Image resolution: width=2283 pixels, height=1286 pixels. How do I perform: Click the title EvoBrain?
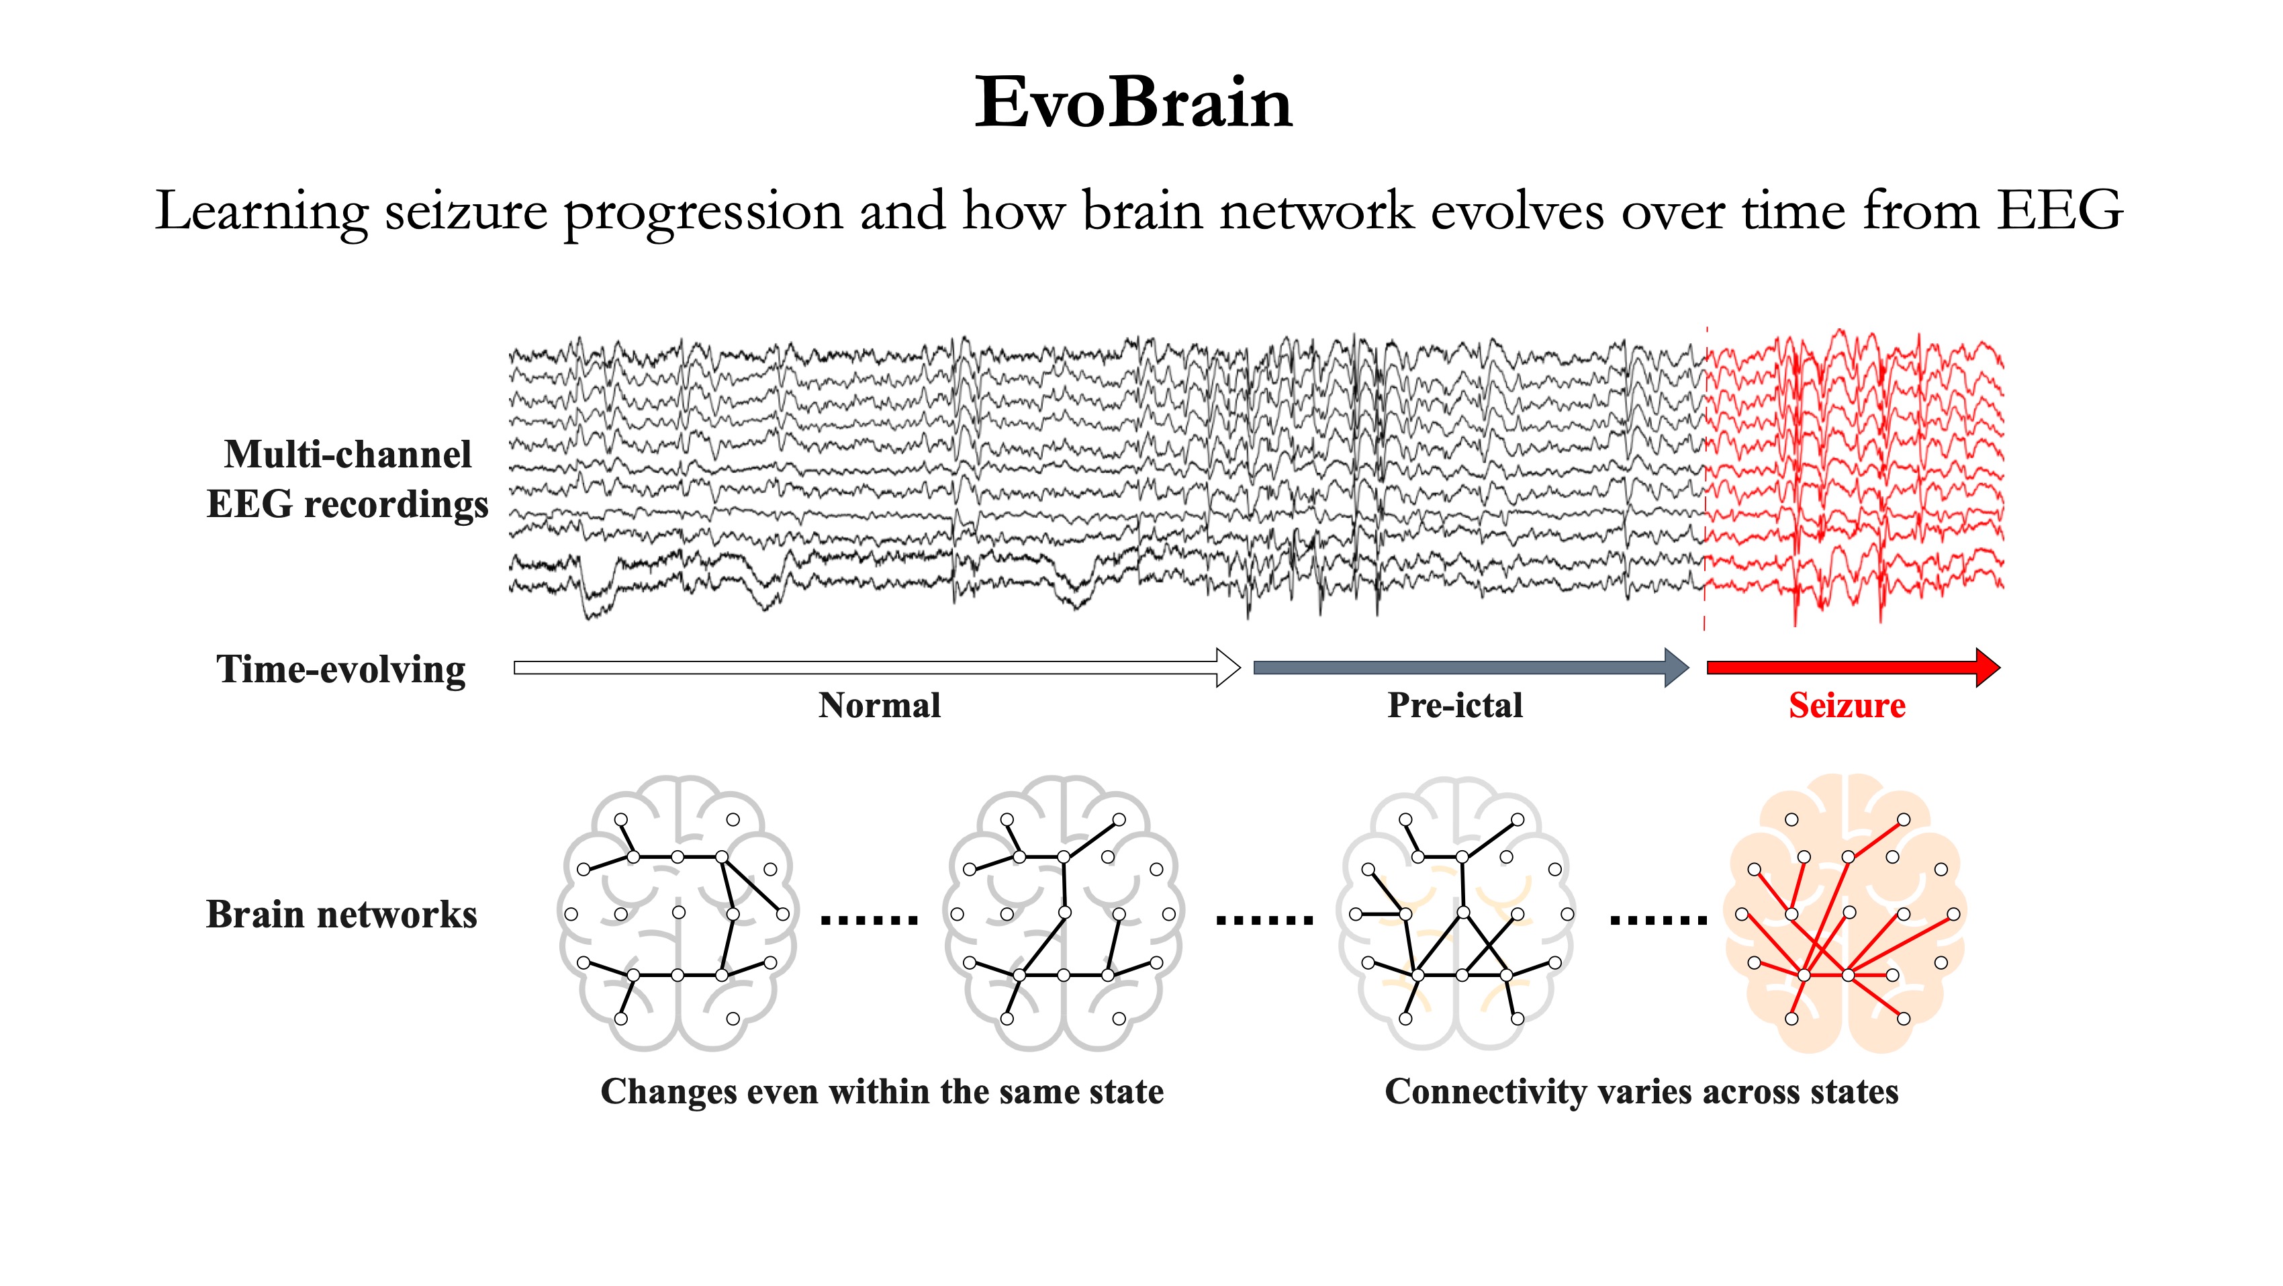pos(1133,103)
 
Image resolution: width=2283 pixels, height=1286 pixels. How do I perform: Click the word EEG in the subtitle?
pos(2059,211)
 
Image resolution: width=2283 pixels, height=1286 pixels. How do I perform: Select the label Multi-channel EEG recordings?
pos(346,479)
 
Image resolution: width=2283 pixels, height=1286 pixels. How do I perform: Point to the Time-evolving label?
pos(341,669)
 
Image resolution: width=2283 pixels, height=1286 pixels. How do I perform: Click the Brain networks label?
pos(341,915)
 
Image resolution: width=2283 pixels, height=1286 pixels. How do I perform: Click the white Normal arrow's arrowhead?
pos(1227,668)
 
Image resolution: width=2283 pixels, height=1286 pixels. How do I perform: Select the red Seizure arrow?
pos(1853,668)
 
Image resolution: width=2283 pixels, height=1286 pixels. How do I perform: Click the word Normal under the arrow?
pos(879,706)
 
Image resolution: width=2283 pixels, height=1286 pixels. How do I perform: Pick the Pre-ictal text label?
pos(1455,706)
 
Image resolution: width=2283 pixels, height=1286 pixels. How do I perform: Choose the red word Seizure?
pos(1847,706)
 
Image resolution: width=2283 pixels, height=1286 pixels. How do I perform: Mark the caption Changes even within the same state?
pos(882,1092)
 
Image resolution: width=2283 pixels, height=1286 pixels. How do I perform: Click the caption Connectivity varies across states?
pos(1641,1092)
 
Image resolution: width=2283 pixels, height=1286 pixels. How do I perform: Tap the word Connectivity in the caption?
pos(1485,1092)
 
